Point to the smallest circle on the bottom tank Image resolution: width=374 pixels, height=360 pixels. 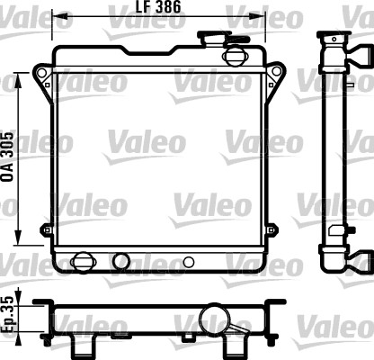(188, 263)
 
